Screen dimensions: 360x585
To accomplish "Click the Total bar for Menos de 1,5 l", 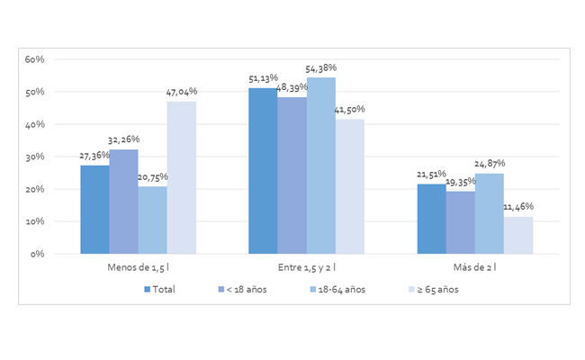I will tap(94, 209).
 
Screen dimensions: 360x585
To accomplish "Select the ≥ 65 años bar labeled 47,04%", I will tap(181, 176).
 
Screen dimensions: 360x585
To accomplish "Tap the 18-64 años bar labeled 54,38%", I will tap(320, 165).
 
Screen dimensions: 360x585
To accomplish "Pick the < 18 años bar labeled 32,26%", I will tap(123, 201).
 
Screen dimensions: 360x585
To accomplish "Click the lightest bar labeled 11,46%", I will tap(517, 235).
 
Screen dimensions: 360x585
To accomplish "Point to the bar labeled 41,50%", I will tap(349, 185).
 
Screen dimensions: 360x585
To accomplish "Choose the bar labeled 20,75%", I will tap(152, 220).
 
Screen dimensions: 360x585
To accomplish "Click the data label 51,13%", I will tap(264, 79).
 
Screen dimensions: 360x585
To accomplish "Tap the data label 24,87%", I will tap(490, 164).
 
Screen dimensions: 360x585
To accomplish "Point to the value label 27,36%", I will tap(95, 156).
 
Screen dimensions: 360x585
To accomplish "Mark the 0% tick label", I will tap(38, 254).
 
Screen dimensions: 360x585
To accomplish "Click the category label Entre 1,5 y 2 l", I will tap(306, 268).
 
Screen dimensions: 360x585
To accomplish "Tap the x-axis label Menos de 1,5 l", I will tap(138, 268).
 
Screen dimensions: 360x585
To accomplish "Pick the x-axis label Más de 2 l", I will tap(474, 268).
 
